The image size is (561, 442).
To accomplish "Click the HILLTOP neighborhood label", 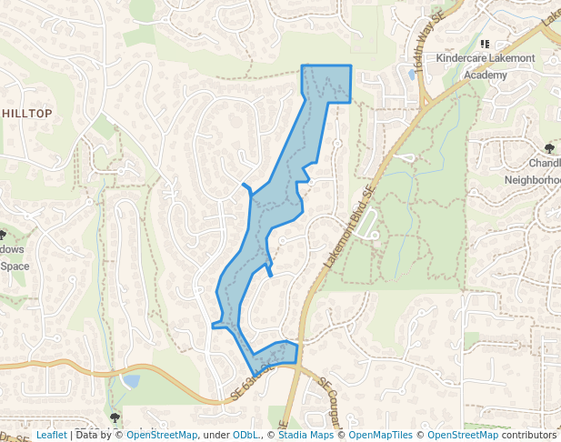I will click(27, 113).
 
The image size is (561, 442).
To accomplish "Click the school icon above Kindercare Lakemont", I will click(485, 44).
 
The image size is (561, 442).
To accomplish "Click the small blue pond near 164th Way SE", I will click(412, 75).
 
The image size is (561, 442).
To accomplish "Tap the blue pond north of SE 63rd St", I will click(130, 381).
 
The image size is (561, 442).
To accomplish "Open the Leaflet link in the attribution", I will click(52, 436).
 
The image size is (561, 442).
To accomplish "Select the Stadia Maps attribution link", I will click(304, 436).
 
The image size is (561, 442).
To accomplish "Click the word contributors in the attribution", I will click(530, 436).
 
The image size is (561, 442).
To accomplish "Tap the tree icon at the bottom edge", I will click(115, 418).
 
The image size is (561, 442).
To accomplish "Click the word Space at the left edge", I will click(15, 266).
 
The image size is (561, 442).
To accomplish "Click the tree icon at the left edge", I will click(3, 235).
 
